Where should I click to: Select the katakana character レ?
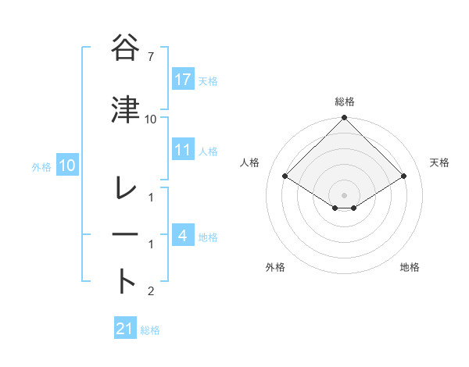[x=127, y=189]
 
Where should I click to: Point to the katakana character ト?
[x=127, y=281]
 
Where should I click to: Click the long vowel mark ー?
[x=127, y=235]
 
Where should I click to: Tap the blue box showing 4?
[x=183, y=236]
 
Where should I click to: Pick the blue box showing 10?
[x=67, y=166]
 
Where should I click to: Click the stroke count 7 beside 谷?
[x=152, y=58]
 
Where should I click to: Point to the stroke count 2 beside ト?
[x=151, y=292]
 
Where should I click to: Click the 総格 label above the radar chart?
[x=345, y=102]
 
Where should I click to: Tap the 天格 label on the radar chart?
[x=439, y=162]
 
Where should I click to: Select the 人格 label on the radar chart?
[x=250, y=162]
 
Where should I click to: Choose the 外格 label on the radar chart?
[x=275, y=267]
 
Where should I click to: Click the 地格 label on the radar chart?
[x=410, y=267]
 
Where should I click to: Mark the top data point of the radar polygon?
[x=344, y=118]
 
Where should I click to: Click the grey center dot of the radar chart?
[x=344, y=194]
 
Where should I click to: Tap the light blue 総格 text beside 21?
[x=150, y=330]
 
